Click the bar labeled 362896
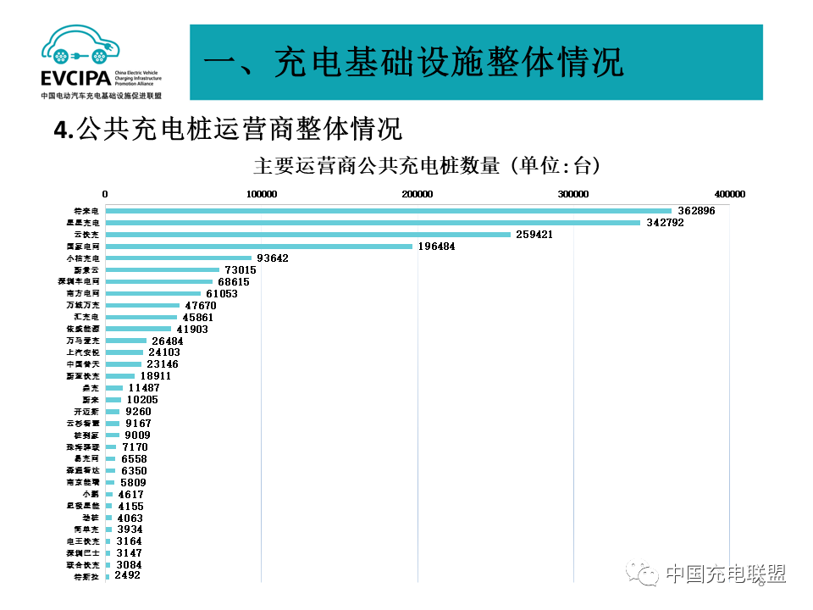tap(388, 211)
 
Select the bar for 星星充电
tap(373, 223)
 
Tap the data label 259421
tap(534, 235)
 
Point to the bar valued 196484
tap(258, 247)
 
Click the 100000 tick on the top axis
tap(261, 194)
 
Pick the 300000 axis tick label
tap(573, 194)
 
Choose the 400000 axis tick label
tap(729, 194)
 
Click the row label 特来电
tap(87, 210)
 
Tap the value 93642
tap(275, 258)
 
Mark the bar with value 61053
tap(152, 294)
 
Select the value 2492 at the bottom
tap(127, 575)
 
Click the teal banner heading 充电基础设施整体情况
tap(414, 63)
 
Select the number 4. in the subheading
tap(63, 130)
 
